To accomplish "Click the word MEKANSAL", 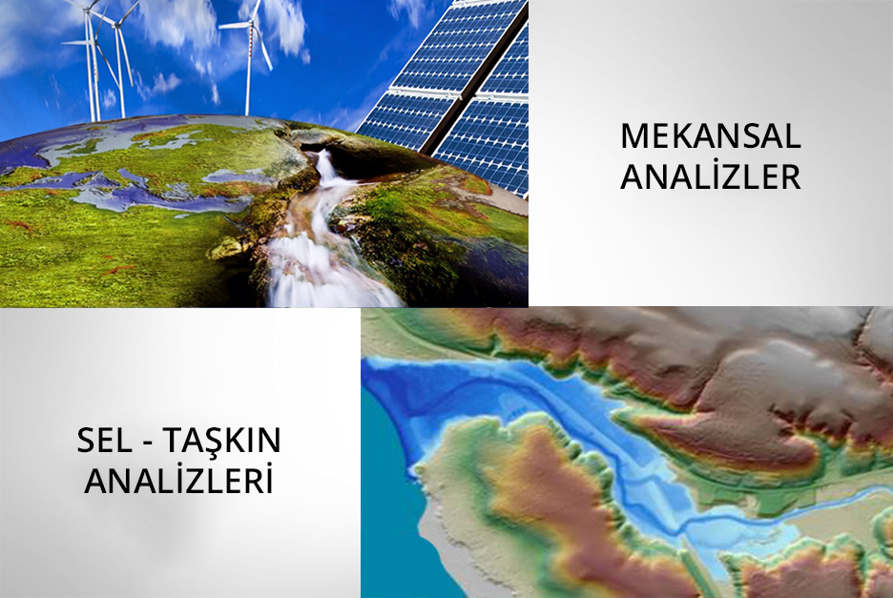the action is [x=711, y=135].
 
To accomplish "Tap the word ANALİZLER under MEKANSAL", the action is [x=711, y=176].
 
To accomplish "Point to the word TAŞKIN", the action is [x=222, y=442].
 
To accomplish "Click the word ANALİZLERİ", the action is [x=178, y=481].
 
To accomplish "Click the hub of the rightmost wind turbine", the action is [x=250, y=24].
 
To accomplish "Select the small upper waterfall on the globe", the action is [x=325, y=166].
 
